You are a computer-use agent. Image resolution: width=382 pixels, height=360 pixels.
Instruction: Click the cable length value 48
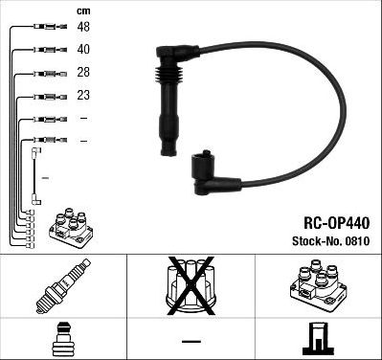(84, 27)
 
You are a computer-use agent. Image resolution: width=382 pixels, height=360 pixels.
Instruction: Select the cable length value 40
(84, 50)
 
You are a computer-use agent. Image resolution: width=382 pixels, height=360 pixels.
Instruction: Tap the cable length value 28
(84, 73)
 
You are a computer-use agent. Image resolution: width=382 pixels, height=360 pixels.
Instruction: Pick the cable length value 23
(84, 96)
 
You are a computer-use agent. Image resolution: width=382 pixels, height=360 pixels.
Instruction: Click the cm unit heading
(83, 10)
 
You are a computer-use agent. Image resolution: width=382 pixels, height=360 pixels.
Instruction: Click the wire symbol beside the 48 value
(45, 27)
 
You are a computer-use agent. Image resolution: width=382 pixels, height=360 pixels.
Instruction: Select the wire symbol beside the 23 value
(45, 96)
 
